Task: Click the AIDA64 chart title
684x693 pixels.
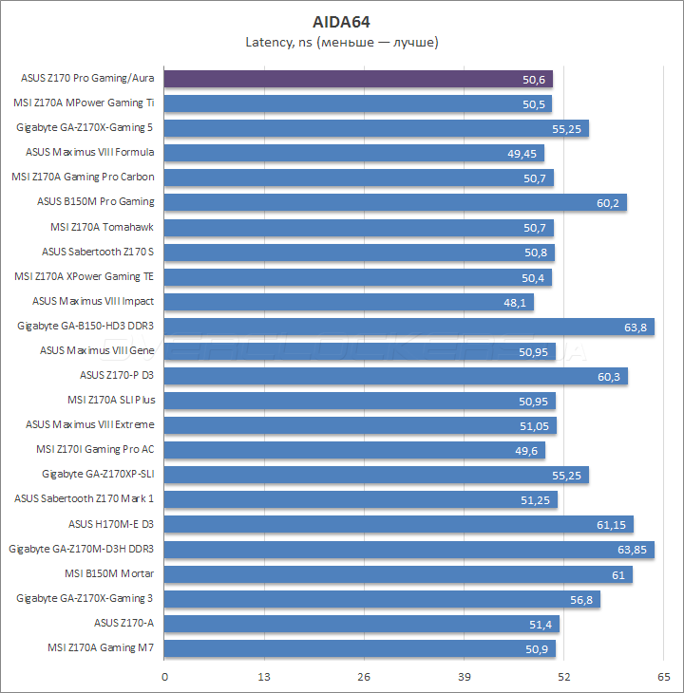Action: (342, 20)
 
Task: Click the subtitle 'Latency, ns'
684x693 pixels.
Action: (342, 42)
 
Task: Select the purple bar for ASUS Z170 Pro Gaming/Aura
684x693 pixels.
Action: (361, 79)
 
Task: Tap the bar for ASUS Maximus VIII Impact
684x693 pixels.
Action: (348, 302)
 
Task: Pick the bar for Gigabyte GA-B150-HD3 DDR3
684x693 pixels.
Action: (408, 327)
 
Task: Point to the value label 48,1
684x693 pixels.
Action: (515, 302)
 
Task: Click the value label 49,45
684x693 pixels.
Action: (523, 153)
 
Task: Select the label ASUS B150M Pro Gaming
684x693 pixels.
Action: (95, 201)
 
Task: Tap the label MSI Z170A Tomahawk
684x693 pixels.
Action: (102, 227)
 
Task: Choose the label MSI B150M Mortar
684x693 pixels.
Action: (109, 573)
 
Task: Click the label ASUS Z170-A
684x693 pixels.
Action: (123, 623)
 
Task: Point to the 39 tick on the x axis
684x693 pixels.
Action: (465, 677)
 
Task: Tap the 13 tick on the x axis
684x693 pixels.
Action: (265, 677)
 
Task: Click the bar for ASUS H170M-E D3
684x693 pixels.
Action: (398, 524)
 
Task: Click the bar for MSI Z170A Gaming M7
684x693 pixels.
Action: (359, 648)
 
